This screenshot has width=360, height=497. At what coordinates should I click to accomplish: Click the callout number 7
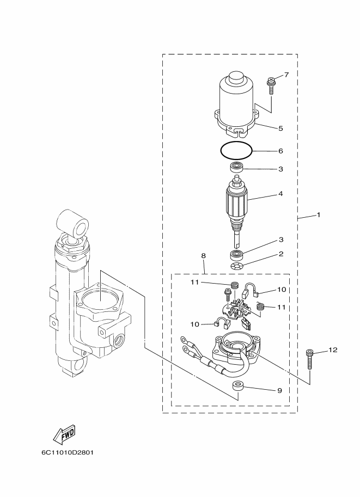click(286, 75)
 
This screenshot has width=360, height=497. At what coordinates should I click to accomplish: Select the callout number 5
click(280, 128)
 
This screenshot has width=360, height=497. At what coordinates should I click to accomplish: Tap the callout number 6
click(280, 150)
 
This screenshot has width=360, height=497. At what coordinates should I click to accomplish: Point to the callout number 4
click(280, 193)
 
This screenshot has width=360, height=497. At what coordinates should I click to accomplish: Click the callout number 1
click(319, 215)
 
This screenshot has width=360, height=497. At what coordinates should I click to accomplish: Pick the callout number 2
click(280, 254)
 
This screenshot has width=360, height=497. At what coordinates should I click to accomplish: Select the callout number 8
click(203, 255)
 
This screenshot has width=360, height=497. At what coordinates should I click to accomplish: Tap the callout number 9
click(279, 390)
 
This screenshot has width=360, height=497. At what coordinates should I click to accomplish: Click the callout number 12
click(333, 350)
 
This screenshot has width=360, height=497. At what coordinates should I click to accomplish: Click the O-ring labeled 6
click(235, 149)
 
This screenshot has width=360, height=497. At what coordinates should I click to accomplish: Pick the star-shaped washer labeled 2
click(237, 266)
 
